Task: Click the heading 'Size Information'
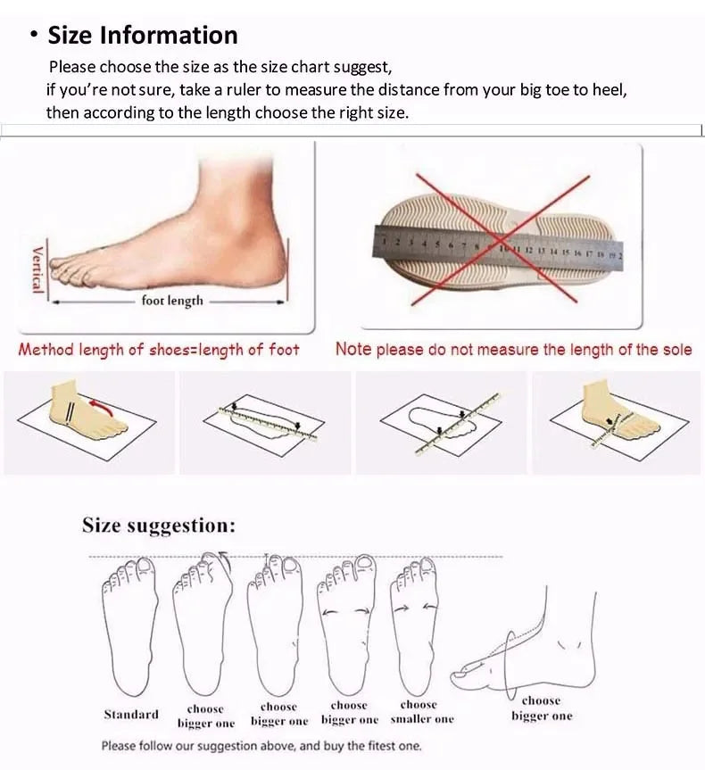[143, 36]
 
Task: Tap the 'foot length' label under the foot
[172, 301]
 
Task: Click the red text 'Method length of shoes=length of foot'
[159, 350]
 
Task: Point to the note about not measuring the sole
[513, 350]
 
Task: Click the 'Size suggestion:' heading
[159, 525]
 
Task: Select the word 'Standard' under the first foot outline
[131, 714]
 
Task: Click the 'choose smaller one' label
[421, 712]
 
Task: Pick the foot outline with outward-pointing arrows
[348, 625]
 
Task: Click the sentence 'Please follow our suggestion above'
[261, 746]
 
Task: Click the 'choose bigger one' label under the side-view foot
[542, 708]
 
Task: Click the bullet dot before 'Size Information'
[33, 36]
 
